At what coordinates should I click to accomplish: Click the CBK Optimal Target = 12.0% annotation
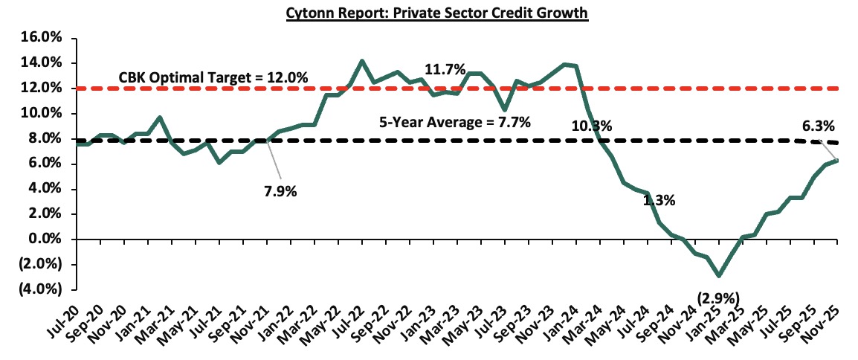point(214,77)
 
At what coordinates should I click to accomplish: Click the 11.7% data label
point(445,70)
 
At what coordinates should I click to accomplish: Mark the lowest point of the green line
point(719,275)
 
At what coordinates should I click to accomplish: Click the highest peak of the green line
point(362,61)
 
